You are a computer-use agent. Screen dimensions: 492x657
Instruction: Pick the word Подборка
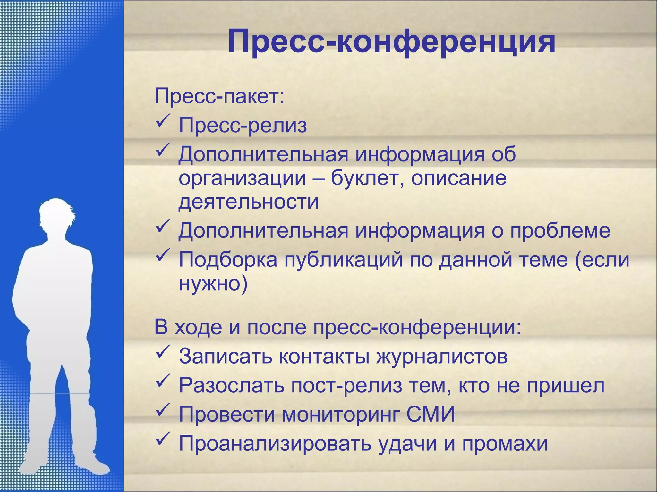pyautogui.click(x=228, y=259)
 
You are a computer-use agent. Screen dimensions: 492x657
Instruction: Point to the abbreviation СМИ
pyautogui.click(x=431, y=414)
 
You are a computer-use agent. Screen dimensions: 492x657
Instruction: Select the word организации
pyautogui.click(x=242, y=179)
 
